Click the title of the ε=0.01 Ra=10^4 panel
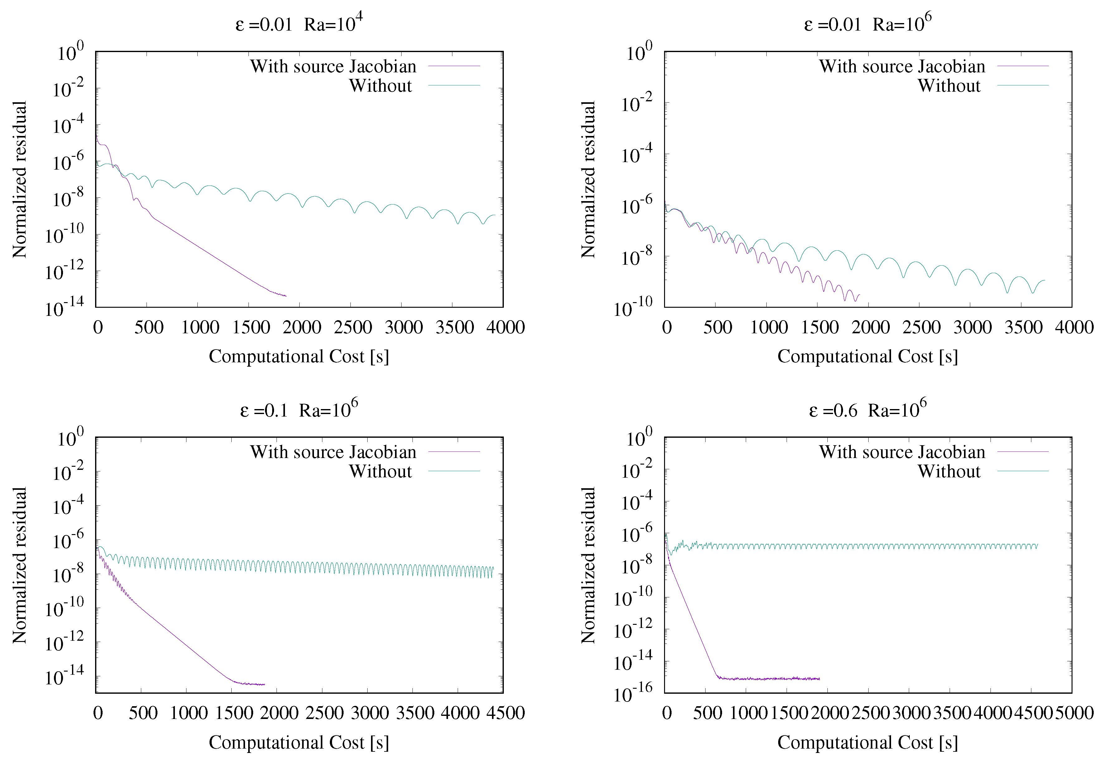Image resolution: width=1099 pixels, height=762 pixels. [x=299, y=23]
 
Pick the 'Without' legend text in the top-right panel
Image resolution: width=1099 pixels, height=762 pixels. [x=949, y=86]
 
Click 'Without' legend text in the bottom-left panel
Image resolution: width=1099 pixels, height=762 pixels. [x=380, y=472]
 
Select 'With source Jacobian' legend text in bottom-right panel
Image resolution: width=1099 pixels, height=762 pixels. [x=902, y=452]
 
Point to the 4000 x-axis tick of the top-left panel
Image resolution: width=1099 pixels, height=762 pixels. [x=505, y=327]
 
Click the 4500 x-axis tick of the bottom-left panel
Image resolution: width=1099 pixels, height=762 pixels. [x=505, y=713]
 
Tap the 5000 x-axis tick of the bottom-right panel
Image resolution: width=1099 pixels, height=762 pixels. [x=1074, y=713]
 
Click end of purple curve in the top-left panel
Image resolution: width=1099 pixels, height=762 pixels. [x=286, y=296]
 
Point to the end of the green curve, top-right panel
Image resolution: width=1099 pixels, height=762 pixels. [x=1044, y=280]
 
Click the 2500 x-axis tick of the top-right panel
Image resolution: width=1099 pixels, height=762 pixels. [x=921, y=327]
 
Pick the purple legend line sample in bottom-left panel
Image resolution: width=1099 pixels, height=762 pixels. [x=454, y=452]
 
